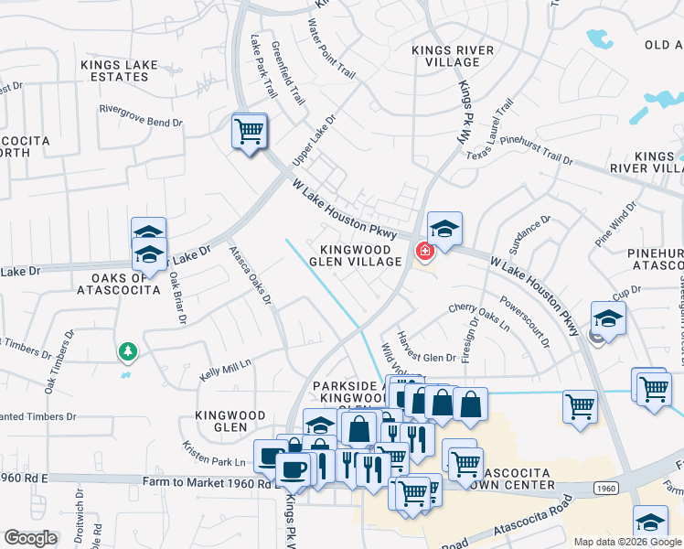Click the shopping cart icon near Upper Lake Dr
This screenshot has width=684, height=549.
pos(249,132)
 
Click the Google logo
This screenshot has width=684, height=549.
pos(31,538)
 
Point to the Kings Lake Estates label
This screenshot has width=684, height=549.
pos(119,70)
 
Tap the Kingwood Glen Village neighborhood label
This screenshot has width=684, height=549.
pos(361,255)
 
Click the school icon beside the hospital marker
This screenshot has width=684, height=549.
pos(444,229)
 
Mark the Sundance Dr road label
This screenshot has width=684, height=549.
pos(529,234)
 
